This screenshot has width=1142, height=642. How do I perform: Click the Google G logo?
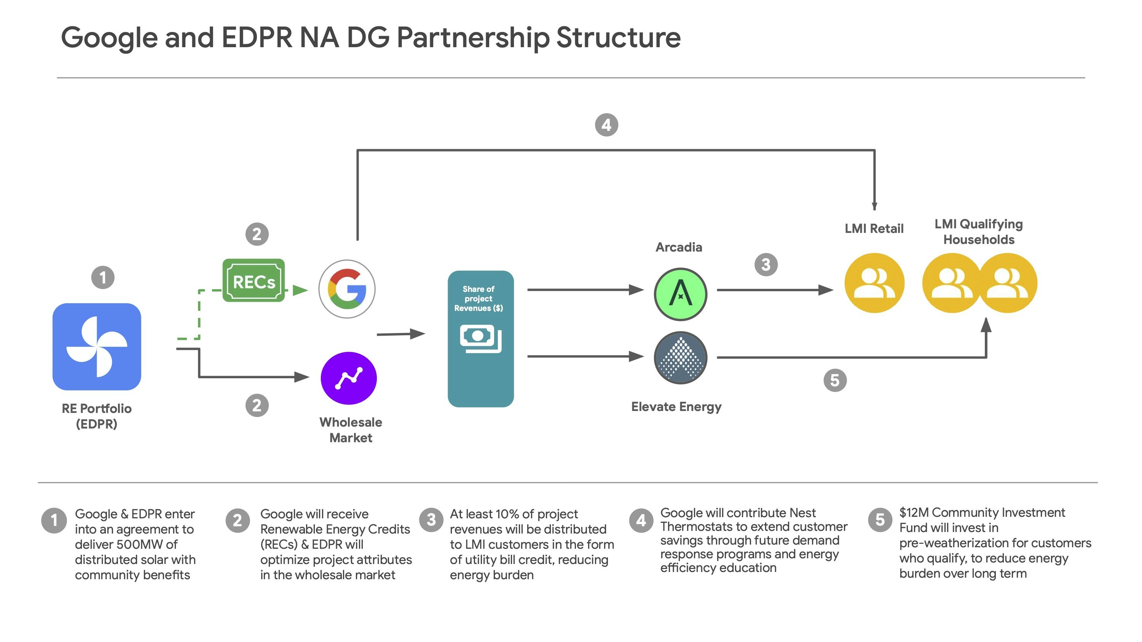tap(347, 289)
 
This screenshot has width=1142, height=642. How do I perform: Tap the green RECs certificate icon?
tap(254, 281)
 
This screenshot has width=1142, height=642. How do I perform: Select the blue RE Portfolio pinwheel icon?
tap(97, 346)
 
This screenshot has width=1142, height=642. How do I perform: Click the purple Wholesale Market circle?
tap(348, 378)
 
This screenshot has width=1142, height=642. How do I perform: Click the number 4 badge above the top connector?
tap(606, 125)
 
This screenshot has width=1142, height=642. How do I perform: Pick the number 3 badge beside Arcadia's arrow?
tap(766, 264)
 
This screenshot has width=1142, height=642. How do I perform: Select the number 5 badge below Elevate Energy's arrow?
tap(835, 380)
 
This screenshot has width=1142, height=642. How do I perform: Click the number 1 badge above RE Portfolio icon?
tap(103, 277)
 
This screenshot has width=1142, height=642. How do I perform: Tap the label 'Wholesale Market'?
tap(351, 430)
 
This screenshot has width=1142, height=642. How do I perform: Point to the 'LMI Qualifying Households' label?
tap(978, 232)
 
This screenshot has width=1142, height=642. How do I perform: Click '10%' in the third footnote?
tap(507, 514)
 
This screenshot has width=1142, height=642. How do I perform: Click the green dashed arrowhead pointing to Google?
tap(301, 290)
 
